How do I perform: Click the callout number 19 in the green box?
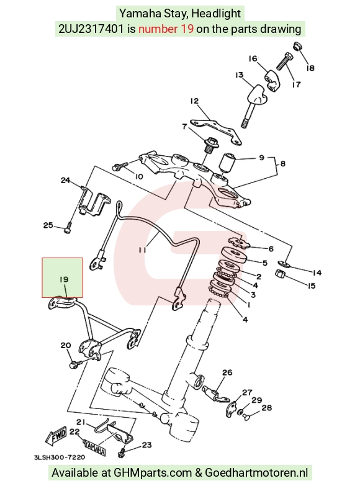[x=64, y=279]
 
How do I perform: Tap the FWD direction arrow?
[x=56, y=436]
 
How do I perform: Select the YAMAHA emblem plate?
[x=93, y=447]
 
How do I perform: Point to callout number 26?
[x=227, y=372]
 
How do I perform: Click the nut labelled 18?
[x=297, y=47]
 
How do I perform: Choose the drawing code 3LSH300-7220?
[x=60, y=457]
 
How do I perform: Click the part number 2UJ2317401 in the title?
[x=91, y=29]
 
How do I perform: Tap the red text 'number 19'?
[x=166, y=29]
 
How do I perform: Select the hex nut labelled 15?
[x=280, y=274]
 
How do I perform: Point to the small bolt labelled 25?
[x=68, y=228]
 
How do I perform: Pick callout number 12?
[x=194, y=101]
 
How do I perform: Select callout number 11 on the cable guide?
[x=142, y=250]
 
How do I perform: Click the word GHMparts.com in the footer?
[x=153, y=473]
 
